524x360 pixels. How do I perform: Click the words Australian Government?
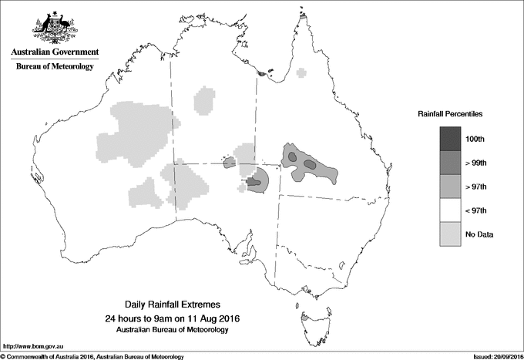tap(55, 52)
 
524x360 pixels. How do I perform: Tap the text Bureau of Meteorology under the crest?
tap(55, 67)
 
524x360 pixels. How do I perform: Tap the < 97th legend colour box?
tap(450, 210)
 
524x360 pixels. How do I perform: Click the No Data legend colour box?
tap(450, 234)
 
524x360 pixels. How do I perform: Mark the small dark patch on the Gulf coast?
tap(264, 75)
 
